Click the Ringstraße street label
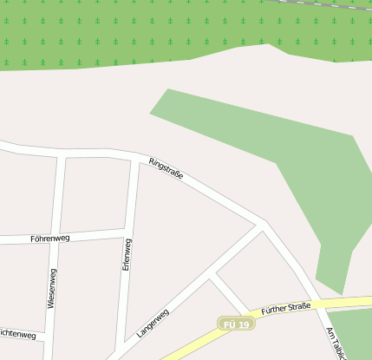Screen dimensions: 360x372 [166, 168]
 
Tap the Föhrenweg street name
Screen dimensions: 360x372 [49, 238]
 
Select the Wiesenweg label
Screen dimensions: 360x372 [53, 289]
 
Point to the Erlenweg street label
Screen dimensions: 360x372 [127, 258]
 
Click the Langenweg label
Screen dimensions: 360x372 [153, 323]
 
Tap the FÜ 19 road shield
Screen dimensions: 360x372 [236, 324]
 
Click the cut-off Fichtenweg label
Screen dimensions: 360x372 [17, 333]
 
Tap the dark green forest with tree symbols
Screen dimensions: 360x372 [130, 30]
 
